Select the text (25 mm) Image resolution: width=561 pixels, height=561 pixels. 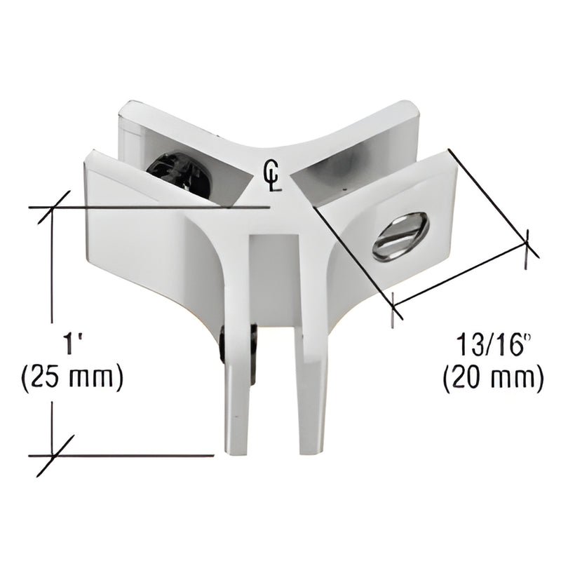tap(73, 379)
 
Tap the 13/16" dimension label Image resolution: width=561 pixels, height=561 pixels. tap(490, 345)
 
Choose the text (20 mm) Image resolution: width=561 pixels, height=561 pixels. tap(493, 379)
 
